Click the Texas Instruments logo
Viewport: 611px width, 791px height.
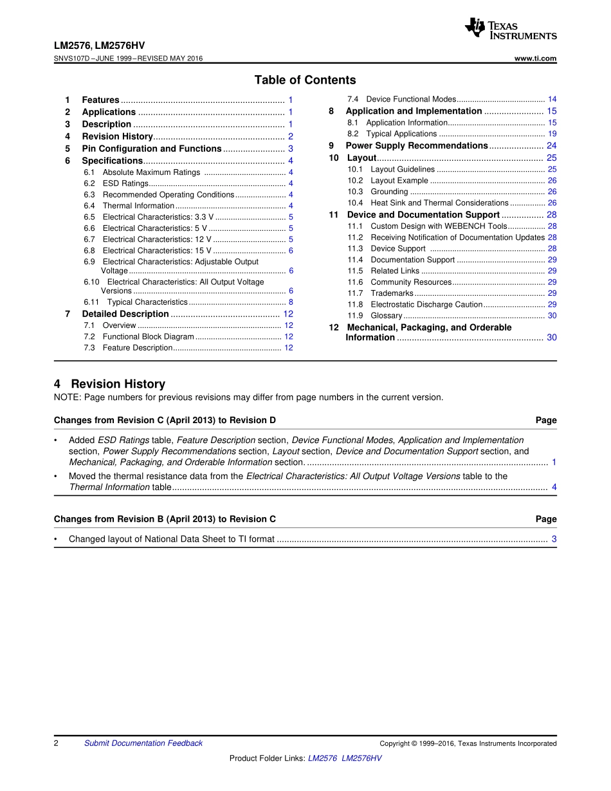pyautogui.click(x=510, y=29)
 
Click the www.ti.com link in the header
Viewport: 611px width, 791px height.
pyautogui.click(x=536, y=59)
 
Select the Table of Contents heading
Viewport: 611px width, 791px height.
pyautogui.click(x=305, y=80)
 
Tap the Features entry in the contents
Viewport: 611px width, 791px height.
pyautogui.click(x=100, y=100)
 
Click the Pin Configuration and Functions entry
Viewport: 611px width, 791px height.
pyautogui.click(x=151, y=149)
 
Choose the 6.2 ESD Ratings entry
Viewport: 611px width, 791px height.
pyautogui.click(x=125, y=183)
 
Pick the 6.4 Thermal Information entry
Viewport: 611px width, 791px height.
pyautogui.click(x=138, y=206)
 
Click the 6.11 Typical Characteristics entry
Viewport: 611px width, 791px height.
pyautogui.click(x=147, y=302)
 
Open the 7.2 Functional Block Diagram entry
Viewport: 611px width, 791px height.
pyautogui.click(x=148, y=336)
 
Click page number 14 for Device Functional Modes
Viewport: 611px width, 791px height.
pyautogui.click(x=552, y=99)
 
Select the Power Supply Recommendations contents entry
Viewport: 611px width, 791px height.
pyautogui.click(x=417, y=145)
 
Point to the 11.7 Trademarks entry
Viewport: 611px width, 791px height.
pyautogui.click(x=392, y=293)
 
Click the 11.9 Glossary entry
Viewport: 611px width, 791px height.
pyautogui.click(x=386, y=316)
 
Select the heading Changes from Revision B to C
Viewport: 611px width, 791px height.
pyautogui.click(x=165, y=519)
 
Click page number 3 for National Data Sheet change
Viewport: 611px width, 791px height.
pyautogui.click(x=554, y=539)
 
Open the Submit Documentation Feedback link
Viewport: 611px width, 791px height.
pyautogui.click(x=143, y=743)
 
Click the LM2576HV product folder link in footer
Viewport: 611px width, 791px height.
pyautogui.click(x=361, y=758)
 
